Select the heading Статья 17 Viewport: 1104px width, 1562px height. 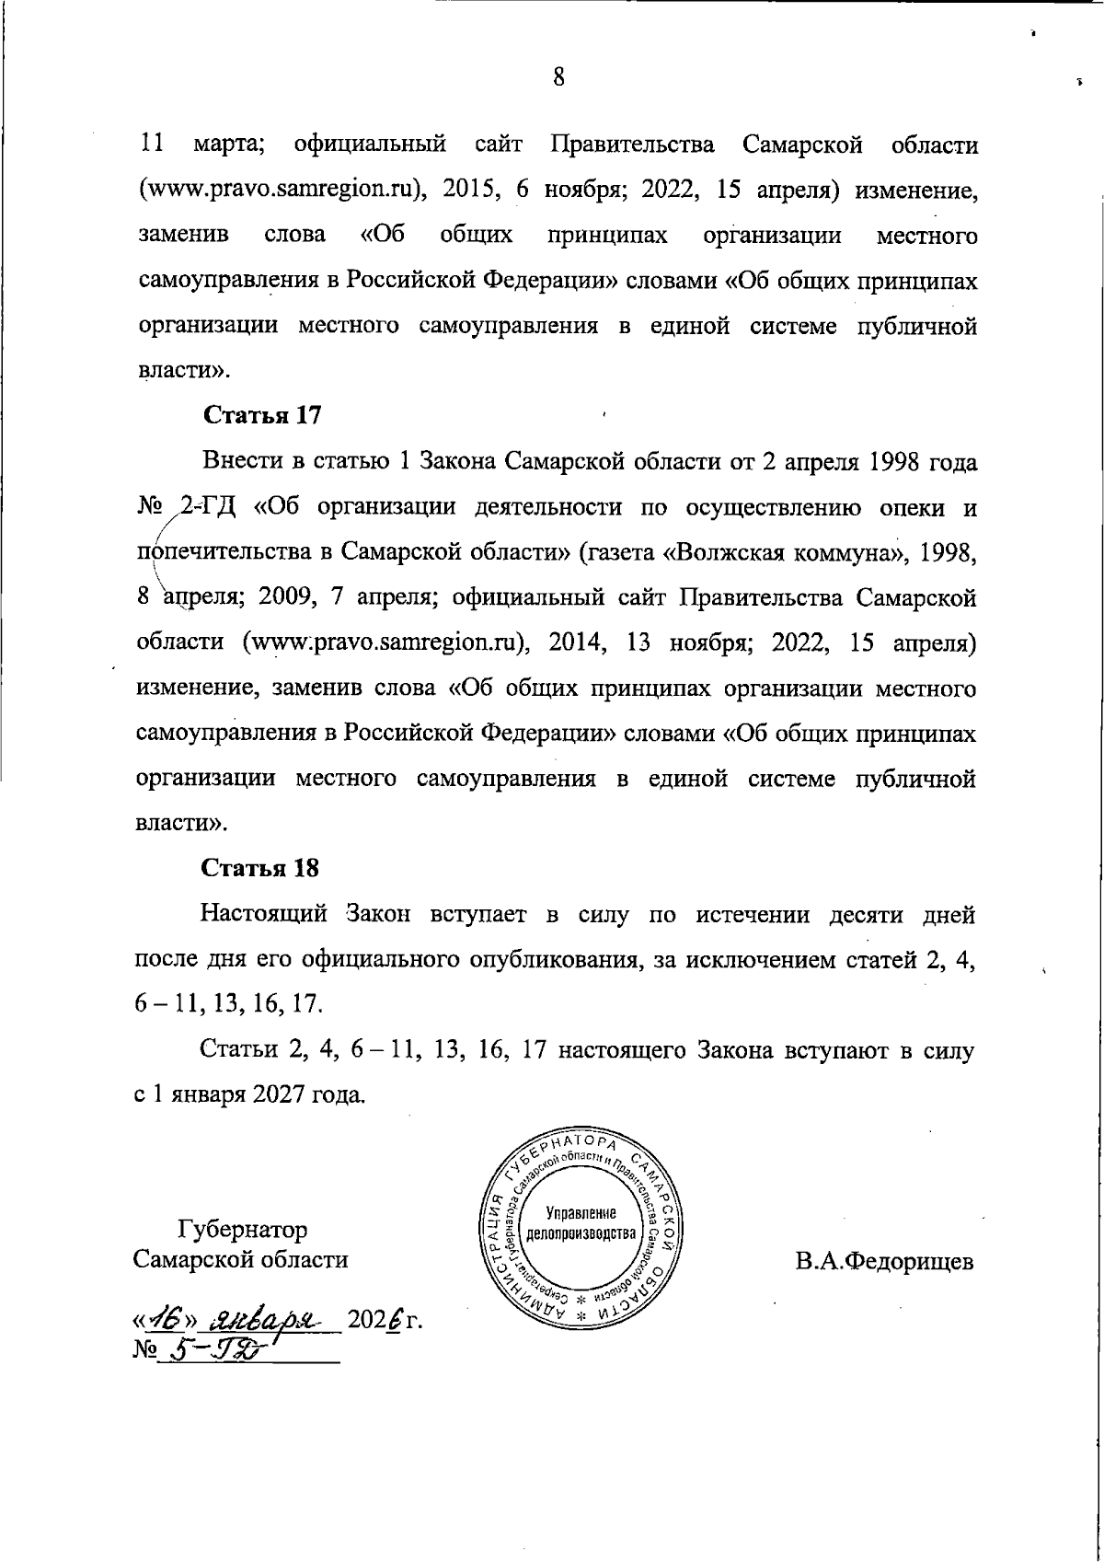pyautogui.click(x=261, y=415)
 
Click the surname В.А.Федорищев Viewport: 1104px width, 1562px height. pyautogui.click(x=884, y=1261)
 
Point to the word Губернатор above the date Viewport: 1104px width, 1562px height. pyautogui.click(x=243, y=1230)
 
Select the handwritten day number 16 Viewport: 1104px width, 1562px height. pyautogui.click(x=170, y=1322)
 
